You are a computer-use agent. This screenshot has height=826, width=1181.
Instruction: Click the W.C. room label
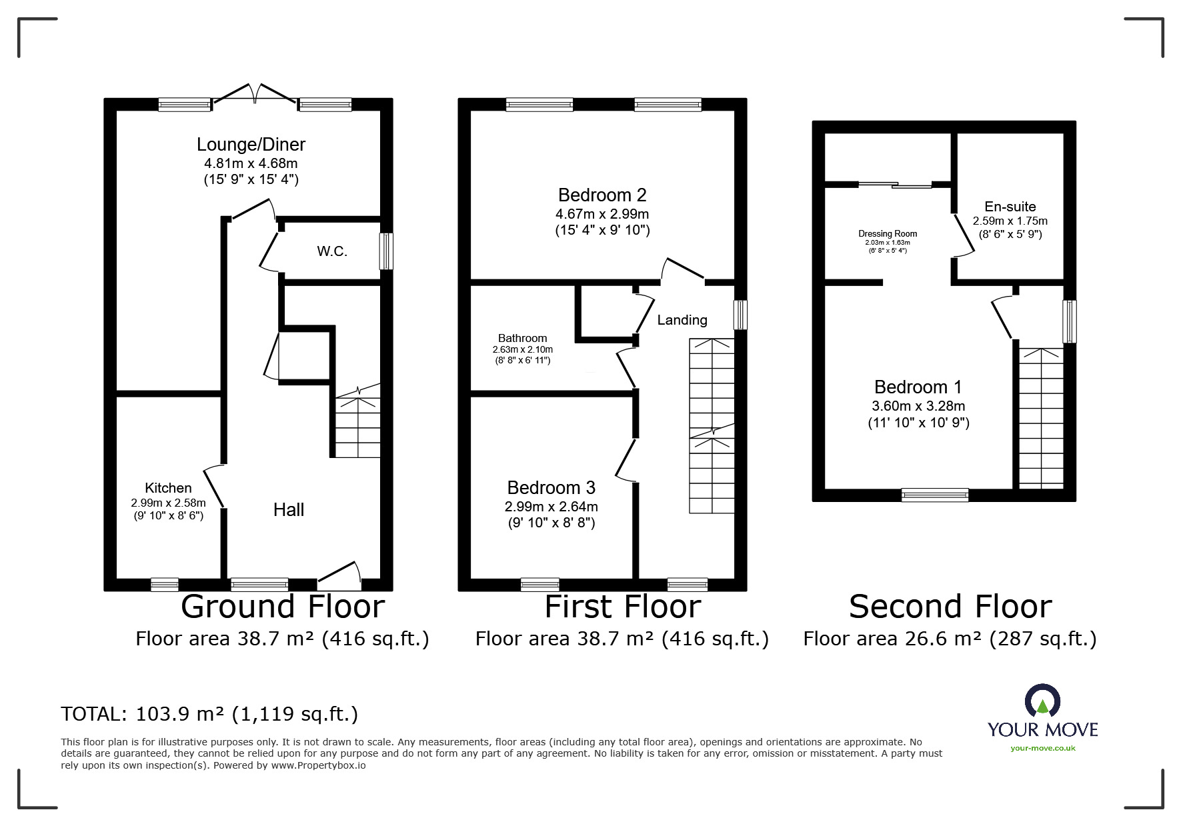[x=332, y=251]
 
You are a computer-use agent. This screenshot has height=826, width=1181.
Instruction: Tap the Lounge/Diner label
[x=251, y=144]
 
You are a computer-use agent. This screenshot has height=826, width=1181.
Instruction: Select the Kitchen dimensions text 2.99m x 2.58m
[x=169, y=503]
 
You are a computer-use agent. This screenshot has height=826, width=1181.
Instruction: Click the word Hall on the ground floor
[x=289, y=510]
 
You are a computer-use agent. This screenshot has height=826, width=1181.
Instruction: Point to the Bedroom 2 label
[x=602, y=195]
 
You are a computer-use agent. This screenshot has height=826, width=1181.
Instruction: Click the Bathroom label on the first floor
[x=522, y=338]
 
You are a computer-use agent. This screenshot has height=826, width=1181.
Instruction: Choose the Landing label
[x=682, y=320]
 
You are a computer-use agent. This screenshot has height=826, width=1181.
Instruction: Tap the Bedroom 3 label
[x=551, y=487]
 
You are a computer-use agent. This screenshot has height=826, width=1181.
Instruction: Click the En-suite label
[x=1010, y=207]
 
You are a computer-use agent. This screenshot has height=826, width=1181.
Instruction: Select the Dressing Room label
[x=888, y=233]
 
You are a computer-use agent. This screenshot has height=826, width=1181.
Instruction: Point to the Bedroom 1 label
[x=918, y=387]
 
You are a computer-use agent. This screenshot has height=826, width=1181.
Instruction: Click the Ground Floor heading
[x=283, y=607]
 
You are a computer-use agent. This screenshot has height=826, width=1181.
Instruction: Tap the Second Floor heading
[x=950, y=607]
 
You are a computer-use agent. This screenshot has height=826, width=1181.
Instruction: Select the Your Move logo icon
[x=1042, y=701]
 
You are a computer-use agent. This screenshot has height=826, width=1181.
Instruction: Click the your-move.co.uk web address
[x=1043, y=748]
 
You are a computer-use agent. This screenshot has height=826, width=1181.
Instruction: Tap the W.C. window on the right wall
[x=386, y=251]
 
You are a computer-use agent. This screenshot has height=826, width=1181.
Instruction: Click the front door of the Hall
[x=339, y=575]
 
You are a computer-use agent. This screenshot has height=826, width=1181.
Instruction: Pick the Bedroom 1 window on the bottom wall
[x=935, y=495]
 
